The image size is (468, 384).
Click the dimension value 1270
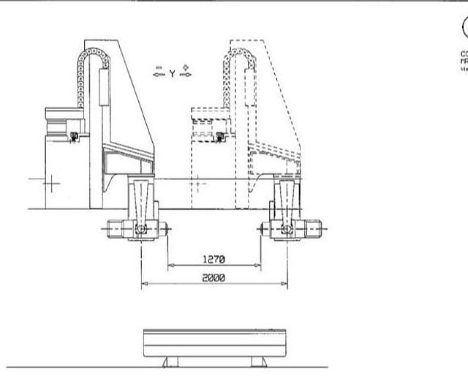point(214,259)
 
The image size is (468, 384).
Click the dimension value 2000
point(214,278)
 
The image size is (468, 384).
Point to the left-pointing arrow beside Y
point(158,72)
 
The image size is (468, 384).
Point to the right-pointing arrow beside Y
point(185,72)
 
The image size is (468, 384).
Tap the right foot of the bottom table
point(258,361)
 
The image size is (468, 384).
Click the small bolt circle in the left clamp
point(140,229)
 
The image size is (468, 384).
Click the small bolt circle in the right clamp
point(287,229)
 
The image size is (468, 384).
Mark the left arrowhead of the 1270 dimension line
point(170,266)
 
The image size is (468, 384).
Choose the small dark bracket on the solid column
point(73,136)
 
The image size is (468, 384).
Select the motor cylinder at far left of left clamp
point(115,229)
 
